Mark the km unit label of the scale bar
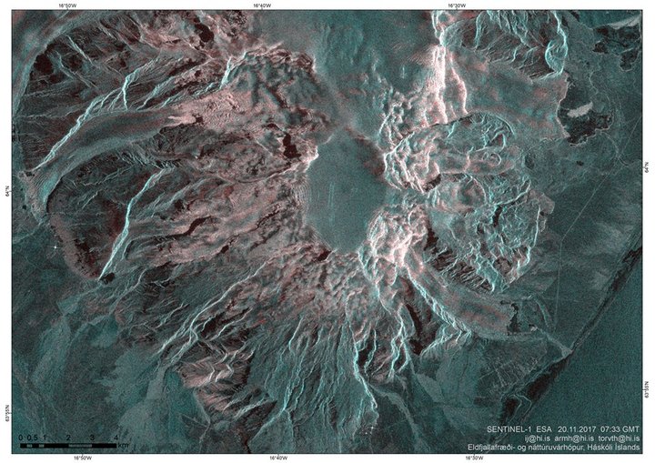point(123,445)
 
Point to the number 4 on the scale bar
point(116,438)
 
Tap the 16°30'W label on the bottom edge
point(474,458)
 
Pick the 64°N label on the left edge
point(5,169)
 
